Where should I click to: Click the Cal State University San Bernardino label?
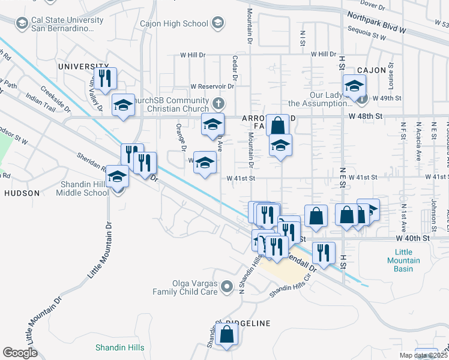click(64, 24)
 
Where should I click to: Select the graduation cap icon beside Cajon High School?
click(218, 23)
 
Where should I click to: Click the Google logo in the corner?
click(20, 352)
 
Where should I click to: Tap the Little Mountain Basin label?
click(403, 260)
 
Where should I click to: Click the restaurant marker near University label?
click(105, 78)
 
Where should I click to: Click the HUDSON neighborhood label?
click(22, 193)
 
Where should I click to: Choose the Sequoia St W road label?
click(365, 36)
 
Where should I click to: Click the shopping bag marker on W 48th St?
click(277, 125)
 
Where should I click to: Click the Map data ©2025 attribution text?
click(424, 355)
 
